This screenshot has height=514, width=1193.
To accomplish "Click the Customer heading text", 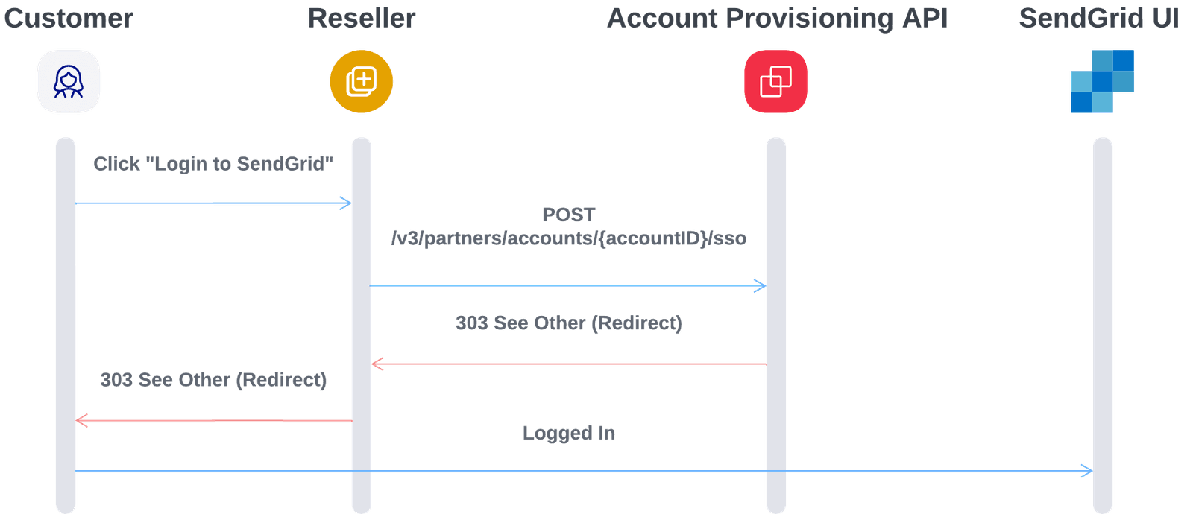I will point(69,19).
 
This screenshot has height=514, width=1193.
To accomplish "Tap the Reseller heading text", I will point(362,19).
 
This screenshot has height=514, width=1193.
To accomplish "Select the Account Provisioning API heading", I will point(777,19).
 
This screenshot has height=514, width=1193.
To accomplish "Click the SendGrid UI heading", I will point(1099,19).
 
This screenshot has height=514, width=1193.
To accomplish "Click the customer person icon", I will point(69,82).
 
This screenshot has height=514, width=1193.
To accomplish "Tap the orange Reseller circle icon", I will point(362,82).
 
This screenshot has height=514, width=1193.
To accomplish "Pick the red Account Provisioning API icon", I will point(775,82).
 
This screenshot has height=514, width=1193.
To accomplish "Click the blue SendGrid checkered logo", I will point(1102,82).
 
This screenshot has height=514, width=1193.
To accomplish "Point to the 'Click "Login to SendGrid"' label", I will point(213,164).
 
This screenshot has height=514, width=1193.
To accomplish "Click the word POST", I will point(569,215).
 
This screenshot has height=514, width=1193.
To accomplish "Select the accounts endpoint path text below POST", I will point(568,238).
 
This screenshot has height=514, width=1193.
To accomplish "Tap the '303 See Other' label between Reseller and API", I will point(568,323).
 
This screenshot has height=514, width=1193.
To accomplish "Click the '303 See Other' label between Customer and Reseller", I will point(213,380).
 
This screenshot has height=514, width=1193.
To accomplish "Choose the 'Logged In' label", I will point(568,433).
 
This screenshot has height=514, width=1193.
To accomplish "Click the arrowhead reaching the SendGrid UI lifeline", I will point(1088,471).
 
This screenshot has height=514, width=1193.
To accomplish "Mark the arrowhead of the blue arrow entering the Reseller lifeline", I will point(346,203).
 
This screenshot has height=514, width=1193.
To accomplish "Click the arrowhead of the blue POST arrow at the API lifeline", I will point(761,286).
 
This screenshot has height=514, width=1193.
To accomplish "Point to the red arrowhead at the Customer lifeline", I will point(81,421).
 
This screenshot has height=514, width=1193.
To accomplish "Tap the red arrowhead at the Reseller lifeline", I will point(377,364).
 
